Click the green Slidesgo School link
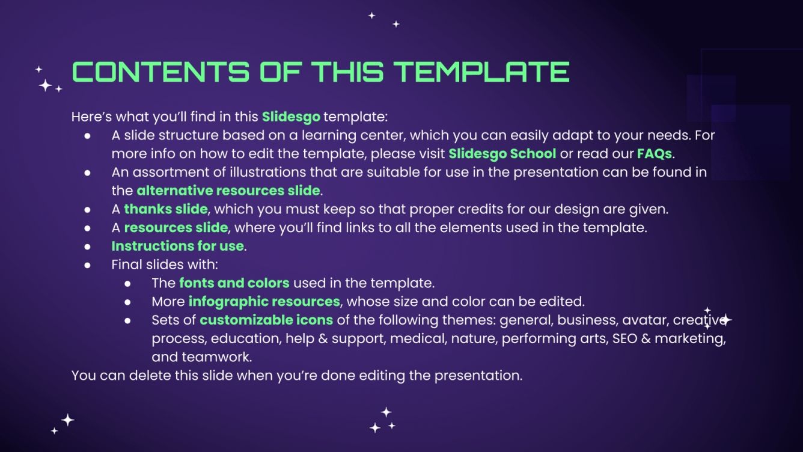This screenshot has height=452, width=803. point(502,153)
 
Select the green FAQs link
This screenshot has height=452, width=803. point(654,153)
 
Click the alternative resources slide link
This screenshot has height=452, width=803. point(228,191)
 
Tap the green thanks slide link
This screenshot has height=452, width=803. point(166,209)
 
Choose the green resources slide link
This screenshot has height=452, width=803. point(176,228)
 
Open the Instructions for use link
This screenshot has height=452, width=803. point(177,246)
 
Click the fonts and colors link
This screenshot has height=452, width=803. point(234,282)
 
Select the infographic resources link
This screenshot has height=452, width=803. point(264,301)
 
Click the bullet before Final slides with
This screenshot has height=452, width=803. point(88,264)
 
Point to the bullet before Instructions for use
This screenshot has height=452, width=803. point(88,246)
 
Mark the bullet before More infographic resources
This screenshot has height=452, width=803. point(127,301)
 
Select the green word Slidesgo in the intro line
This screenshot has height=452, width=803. point(291,116)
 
